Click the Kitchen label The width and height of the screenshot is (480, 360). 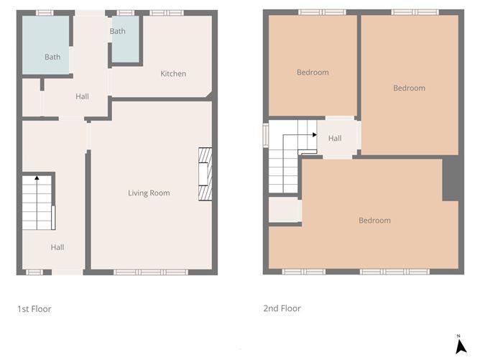(x=173, y=73)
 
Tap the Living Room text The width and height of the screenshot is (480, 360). (x=149, y=193)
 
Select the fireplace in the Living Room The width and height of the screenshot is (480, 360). (x=206, y=175)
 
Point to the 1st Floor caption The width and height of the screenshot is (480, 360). (x=34, y=309)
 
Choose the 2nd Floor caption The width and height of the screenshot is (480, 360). (x=282, y=308)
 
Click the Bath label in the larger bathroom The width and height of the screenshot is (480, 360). (x=52, y=57)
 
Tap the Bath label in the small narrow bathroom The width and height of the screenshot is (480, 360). (x=118, y=32)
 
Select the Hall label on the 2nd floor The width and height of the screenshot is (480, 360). (x=335, y=139)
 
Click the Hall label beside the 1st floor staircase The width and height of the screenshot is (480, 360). (x=57, y=247)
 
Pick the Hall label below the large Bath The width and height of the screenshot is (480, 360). (x=83, y=96)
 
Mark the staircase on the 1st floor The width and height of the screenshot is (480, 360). (x=37, y=203)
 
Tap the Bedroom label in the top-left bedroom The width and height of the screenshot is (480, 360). (x=313, y=72)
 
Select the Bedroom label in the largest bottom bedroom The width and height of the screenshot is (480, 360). (x=374, y=220)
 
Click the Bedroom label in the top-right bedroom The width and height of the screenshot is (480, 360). (x=409, y=88)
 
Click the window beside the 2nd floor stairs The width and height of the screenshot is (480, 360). (x=265, y=134)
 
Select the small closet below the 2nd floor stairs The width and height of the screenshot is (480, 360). (x=285, y=210)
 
